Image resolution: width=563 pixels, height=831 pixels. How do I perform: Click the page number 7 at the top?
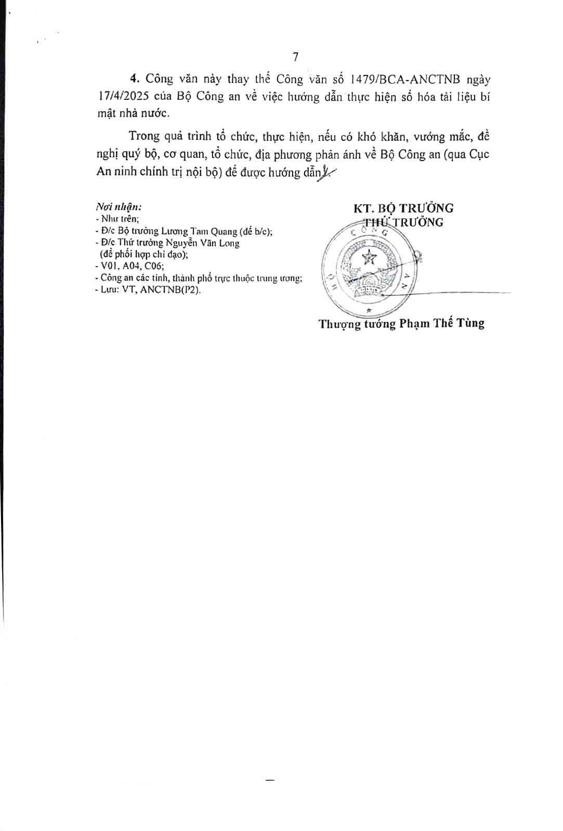click(x=295, y=57)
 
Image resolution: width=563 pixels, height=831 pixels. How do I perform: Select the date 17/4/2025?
click(x=123, y=97)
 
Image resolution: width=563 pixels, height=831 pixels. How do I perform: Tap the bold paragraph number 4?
click(x=135, y=79)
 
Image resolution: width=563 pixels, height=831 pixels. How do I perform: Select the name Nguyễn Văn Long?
click(x=203, y=243)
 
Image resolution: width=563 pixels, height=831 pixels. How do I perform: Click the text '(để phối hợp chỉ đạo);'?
click(x=144, y=254)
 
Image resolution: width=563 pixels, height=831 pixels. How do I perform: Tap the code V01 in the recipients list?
click(x=110, y=266)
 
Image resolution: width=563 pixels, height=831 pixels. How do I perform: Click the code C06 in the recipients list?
click(x=153, y=266)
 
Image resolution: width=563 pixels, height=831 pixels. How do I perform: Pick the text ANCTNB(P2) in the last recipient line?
click(x=170, y=289)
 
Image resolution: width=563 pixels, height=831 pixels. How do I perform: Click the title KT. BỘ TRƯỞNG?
click(x=403, y=208)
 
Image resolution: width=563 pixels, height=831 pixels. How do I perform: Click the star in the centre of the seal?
click(x=369, y=257)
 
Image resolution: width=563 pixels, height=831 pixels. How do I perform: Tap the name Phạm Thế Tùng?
click(x=442, y=323)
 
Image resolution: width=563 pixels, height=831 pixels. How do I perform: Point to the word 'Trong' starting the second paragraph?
click(x=144, y=136)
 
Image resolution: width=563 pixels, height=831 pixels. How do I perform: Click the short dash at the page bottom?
click(x=269, y=780)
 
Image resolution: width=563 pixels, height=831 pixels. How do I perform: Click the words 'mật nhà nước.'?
click(x=134, y=114)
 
